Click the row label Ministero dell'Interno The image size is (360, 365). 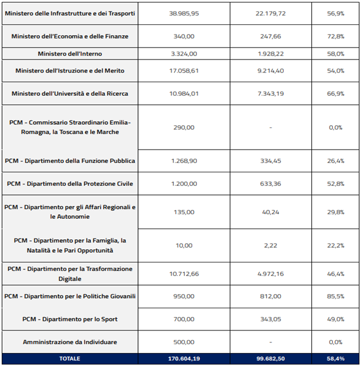[70, 53]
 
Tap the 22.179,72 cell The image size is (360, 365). [271, 13]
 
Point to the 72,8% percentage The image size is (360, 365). [335, 36]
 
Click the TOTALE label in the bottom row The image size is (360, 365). [70, 359]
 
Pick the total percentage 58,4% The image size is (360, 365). [335, 359]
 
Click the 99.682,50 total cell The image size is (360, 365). [271, 359]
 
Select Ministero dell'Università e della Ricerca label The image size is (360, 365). [70, 94]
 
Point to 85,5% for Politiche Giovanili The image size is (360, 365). [335, 296]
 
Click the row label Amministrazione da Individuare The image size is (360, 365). [70, 342]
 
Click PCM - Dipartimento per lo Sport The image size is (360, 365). [70, 319]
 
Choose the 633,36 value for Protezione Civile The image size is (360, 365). [271, 184]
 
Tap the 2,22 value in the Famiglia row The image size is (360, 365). [271, 245]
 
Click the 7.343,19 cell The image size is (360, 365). [271, 94]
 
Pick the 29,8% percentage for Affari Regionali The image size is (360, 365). [335, 212]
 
